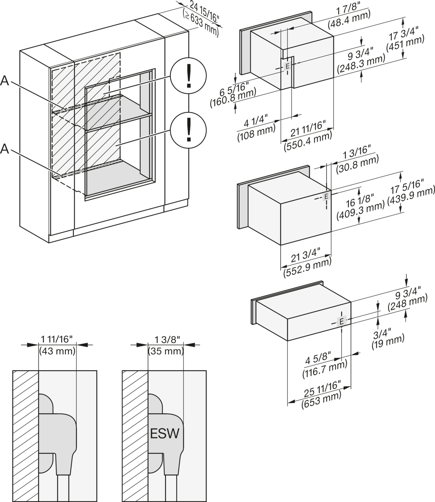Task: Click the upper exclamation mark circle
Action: (188, 75)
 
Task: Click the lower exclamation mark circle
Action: (188, 131)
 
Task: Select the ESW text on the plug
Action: (165, 433)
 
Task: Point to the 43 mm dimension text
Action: (57, 351)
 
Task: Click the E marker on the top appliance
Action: (287, 66)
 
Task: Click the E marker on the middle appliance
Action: (326, 196)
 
